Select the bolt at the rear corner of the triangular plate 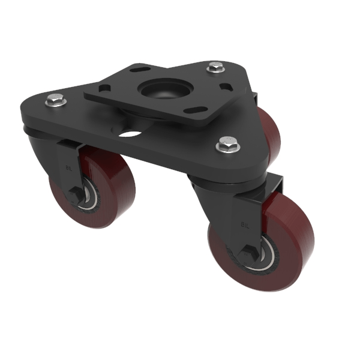click(214, 68)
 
